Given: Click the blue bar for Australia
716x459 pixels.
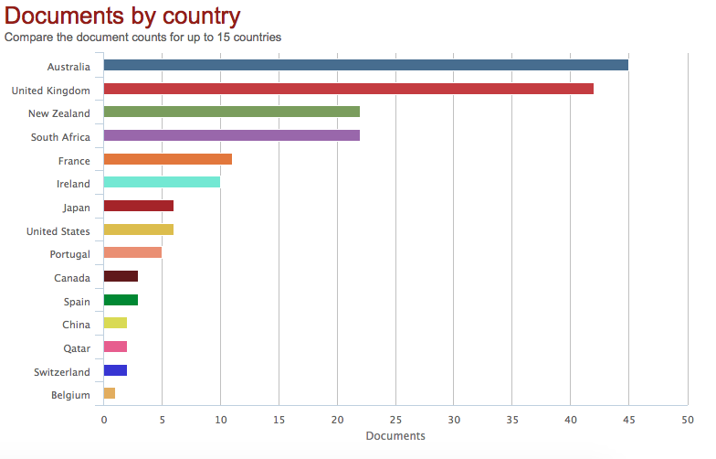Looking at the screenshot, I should [x=365, y=65].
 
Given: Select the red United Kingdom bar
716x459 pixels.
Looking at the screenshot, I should [x=348, y=89].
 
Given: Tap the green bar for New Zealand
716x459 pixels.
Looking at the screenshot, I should [x=231, y=112].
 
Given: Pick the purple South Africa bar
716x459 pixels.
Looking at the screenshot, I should [x=231, y=135].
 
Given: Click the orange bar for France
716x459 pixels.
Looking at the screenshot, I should [x=167, y=159].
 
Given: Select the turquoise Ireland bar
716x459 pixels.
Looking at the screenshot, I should [x=162, y=182].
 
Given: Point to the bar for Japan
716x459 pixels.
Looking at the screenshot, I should [x=138, y=206].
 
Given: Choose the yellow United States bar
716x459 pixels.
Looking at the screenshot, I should [x=138, y=229].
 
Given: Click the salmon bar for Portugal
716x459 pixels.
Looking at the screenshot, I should [x=132, y=252].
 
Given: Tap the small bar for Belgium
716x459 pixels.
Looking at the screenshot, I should [x=110, y=393].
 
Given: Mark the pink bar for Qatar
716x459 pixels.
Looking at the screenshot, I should [x=115, y=347].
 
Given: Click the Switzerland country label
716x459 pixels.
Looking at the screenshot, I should [x=62, y=372].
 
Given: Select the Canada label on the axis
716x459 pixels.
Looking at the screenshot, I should [x=72, y=278].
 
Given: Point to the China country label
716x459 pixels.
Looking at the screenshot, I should [x=76, y=325].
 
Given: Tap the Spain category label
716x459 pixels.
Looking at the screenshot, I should [x=77, y=302].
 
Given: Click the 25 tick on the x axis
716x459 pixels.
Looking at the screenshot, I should [x=395, y=420].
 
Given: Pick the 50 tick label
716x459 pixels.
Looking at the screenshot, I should [x=687, y=420].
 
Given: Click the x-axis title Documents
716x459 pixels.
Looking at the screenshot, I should [x=395, y=436].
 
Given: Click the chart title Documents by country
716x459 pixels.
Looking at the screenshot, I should [x=123, y=16].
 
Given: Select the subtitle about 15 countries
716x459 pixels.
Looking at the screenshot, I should [x=142, y=37].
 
